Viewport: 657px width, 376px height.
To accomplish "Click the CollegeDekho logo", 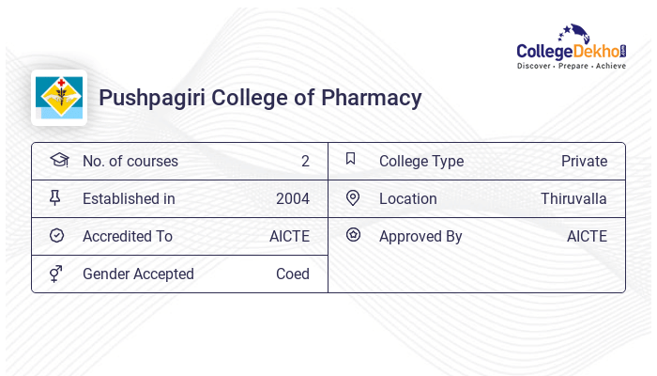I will [572, 48].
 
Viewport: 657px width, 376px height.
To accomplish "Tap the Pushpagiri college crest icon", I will [59, 98].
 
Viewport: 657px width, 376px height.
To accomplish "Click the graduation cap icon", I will [58, 160].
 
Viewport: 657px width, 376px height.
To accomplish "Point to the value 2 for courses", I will [305, 161].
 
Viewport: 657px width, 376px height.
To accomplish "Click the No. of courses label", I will [130, 161].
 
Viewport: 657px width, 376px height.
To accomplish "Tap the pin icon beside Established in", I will [55, 197].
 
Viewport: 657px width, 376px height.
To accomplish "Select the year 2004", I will [293, 198].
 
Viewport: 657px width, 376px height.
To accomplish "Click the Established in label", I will [129, 198].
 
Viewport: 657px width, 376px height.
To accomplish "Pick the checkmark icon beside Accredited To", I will [56, 236].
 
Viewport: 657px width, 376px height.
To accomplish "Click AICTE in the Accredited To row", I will [289, 236].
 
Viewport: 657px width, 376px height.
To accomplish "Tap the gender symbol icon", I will [56, 274].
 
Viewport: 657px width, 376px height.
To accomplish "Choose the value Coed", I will [293, 274].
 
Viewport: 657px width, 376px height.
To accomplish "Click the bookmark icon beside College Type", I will [351, 159].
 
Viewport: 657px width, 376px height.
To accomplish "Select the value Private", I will [584, 161].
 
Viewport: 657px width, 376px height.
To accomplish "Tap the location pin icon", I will [353, 197].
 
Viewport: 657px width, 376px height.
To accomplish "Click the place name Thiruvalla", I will [573, 198].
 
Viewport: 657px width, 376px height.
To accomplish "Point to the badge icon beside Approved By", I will [353, 235].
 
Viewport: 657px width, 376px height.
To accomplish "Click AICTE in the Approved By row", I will [587, 236].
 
